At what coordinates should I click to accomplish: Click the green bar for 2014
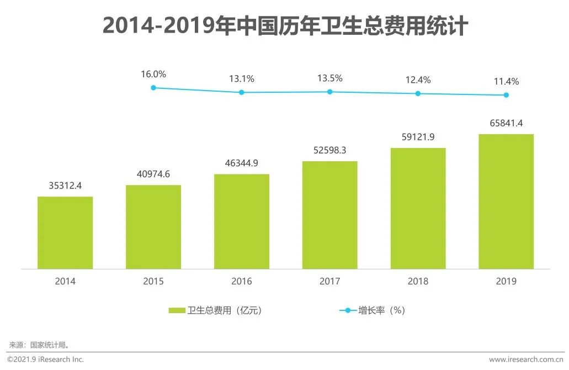point(65,232)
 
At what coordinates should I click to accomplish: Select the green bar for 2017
point(329,215)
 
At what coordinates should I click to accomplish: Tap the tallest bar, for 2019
point(506,202)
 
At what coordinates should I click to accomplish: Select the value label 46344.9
point(242,164)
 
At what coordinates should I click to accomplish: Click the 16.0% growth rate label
point(153,74)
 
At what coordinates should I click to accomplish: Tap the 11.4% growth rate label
point(506,82)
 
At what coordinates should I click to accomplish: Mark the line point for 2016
point(242,92)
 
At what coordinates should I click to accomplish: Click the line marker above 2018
point(418,93)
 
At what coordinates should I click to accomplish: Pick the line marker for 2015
point(153,87)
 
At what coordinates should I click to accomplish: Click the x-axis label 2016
point(242,282)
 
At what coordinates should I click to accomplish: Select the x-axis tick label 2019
point(506,282)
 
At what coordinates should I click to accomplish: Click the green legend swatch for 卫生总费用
point(177,311)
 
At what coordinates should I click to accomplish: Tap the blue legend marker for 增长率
point(348,311)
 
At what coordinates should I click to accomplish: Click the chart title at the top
point(285,27)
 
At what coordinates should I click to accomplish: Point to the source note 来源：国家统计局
point(39,345)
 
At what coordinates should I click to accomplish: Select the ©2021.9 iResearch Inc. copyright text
point(45,360)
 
